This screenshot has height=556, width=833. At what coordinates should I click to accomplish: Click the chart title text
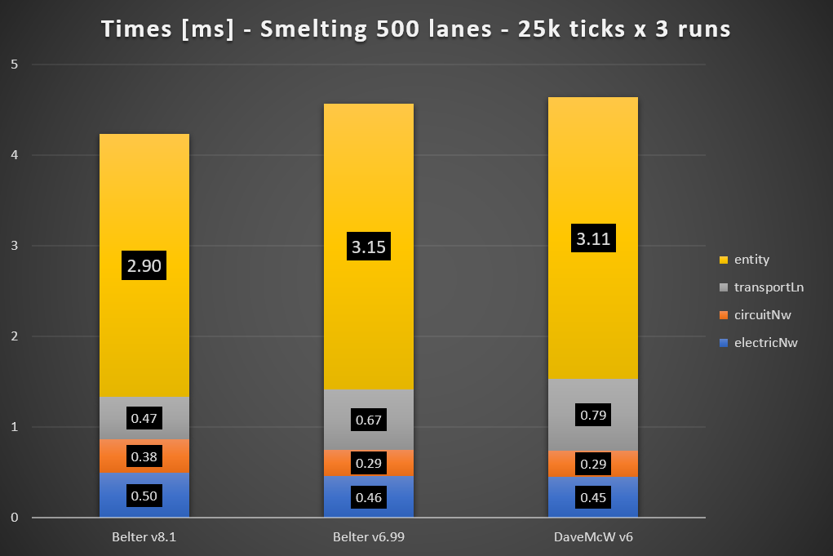(x=416, y=29)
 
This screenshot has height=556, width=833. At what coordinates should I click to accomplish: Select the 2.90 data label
(x=144, y=265)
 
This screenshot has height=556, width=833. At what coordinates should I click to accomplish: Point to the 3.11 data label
(x=593, y=239)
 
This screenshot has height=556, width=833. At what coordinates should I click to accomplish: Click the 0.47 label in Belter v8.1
(x=144, y=419)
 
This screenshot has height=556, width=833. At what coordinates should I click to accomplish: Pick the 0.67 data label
(x=369, y=420)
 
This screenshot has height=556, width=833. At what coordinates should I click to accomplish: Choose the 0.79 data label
(x=593, y=416)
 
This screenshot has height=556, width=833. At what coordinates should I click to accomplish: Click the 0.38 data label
(x=144, y=456)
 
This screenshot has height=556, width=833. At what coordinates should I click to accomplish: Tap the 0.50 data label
(x=144, y=496)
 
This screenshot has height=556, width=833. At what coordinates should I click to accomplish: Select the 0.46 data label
(x=369, y=497)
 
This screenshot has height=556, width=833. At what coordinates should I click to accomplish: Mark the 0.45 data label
(x=593, y=497)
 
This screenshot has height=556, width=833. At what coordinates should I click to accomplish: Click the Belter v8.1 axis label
(x=144, y=538)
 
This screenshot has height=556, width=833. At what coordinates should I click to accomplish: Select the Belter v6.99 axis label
(x=369, y=538)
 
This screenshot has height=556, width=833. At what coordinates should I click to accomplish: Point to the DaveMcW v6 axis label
(x=593, y=538)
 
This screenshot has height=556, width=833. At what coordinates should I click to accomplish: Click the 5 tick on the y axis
(x=15, y=64)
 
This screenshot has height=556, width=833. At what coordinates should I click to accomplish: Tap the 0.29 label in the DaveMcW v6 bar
(x=593, y=463)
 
